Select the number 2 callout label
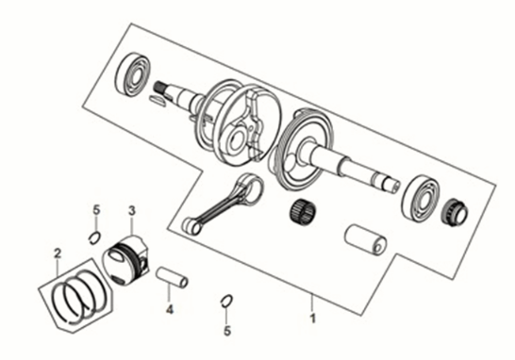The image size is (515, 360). [57, 253]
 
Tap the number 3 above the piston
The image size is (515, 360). [133, 210]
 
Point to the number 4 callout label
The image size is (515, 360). [169, 309]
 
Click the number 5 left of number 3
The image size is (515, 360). [95, 208]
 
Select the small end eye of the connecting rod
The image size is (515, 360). [191, 224]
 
